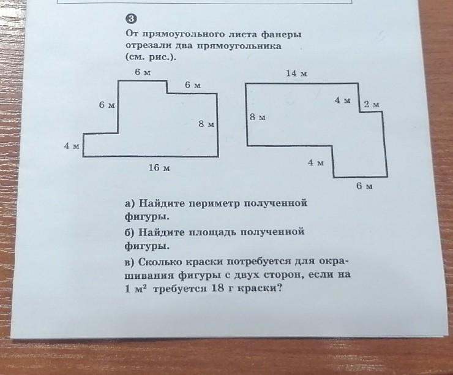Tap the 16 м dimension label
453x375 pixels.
pos(159,167)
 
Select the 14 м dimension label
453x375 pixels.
pos(296,73)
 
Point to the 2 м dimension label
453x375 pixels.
pos(372,105)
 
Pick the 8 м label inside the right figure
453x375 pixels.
pos(257,117)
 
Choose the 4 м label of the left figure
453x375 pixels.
pos(72,146)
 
